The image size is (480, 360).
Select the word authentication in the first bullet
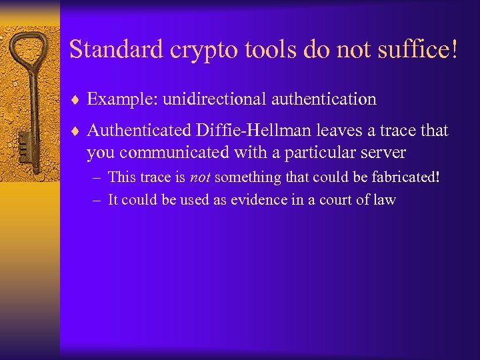[x=324, y=99]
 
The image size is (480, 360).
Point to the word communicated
[x=173, y=153]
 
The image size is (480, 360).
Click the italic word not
[x=201, y=177]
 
